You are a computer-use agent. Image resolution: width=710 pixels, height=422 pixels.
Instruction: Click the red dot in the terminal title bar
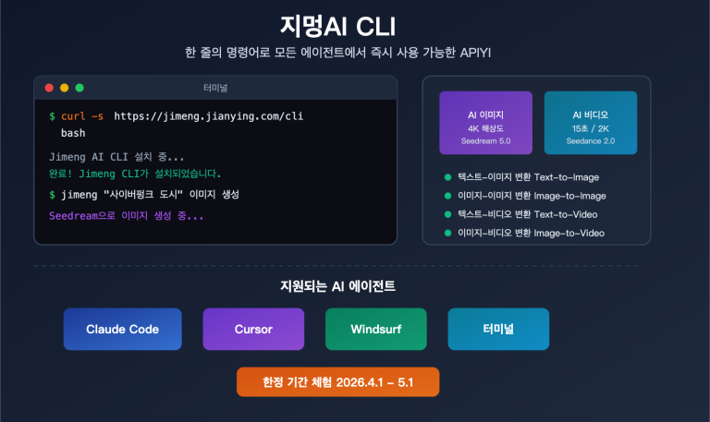[x=49, y=88]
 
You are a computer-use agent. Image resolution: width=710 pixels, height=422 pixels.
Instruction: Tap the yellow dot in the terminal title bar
[x=64, y=88]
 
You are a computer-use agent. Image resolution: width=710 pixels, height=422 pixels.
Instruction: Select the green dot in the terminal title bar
[x=80, y=88]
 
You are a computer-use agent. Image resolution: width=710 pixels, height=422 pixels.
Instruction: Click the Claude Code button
[x=122, y=329]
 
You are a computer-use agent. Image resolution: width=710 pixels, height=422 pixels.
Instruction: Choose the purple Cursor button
[x=253, y=329]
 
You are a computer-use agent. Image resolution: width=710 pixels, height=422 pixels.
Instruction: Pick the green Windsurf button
[x=375, y=329]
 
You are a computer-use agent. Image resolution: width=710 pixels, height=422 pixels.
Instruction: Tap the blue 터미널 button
[x=498, y=329]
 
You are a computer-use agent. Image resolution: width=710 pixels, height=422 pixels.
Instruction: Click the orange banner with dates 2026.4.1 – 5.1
[x=337, y=382]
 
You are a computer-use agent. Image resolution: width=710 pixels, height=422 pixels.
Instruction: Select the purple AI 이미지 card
[x=485, y=122]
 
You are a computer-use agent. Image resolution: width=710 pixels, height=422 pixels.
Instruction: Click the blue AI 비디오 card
[x=590, y=122]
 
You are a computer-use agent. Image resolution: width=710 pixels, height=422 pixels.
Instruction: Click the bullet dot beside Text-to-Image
[x=448, y=176]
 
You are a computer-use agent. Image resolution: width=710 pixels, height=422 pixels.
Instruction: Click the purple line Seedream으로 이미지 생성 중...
[x=126, y=215]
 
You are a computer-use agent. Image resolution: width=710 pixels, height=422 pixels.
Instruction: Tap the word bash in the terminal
[x=73, y=133]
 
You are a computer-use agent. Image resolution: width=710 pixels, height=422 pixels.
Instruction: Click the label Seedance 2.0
[x=590, y=141]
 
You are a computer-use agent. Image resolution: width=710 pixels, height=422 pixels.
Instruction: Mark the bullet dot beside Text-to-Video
[x=448, y=214]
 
